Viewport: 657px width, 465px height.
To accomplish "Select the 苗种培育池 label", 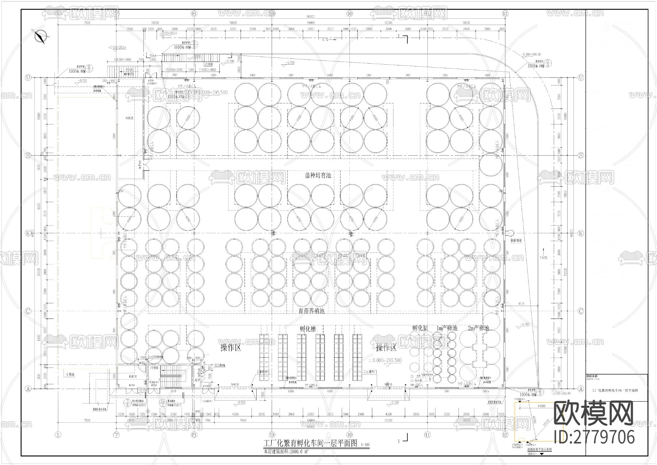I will [318, 175].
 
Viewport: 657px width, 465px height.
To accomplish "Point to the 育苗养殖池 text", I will [311, 311].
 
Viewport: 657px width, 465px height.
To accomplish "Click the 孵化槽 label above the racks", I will [308, 329].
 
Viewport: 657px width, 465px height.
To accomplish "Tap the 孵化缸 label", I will [420, 328].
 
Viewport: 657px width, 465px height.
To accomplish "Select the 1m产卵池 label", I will [447, 328].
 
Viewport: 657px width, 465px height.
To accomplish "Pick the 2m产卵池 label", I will [478, 328].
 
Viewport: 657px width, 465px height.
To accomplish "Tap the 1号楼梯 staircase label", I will [153, 368].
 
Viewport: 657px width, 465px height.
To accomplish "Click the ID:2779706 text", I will [594, 437].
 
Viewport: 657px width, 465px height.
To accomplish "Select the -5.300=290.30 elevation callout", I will [530, 54].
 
